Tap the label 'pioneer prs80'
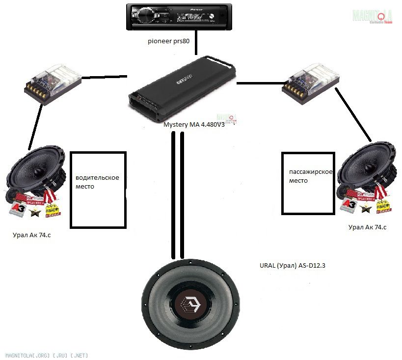(168, 41)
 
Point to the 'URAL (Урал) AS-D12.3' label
(292, 266)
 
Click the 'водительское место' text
(97, 182)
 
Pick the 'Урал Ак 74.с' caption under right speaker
(367, 227)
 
